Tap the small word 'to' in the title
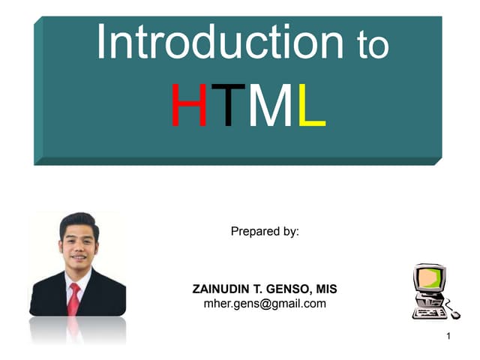coord(373,46)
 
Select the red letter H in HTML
coord(188,106)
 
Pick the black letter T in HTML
coord(223,106)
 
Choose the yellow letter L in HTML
coord(310,106)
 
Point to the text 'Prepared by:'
coord(265,232)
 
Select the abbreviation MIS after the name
coord(326,289)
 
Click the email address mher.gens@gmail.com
coord(265,303)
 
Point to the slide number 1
coord(448,335)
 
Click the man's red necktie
coord(73,299)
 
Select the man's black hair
coord(78,223)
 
